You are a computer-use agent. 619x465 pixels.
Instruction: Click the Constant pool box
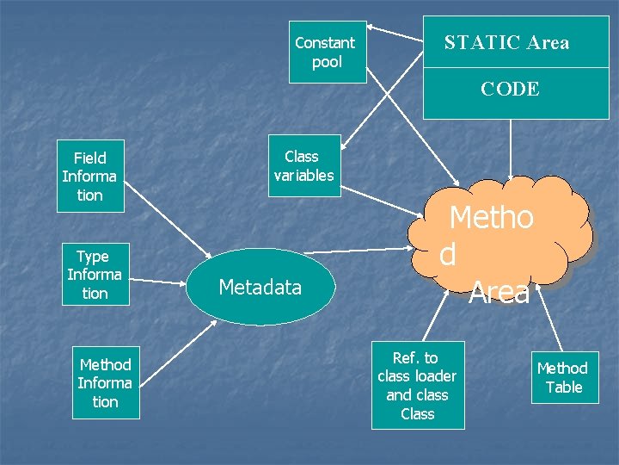[327, 52]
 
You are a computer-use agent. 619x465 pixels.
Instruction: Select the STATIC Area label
[506, 43]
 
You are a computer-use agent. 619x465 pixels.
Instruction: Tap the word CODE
[510, 89]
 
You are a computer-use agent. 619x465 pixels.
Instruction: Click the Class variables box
[303, 165]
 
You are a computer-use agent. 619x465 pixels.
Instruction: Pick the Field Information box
[89, 176]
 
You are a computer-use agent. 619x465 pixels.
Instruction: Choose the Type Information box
[94, 274]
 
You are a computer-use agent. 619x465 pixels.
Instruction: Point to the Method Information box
[105, 383]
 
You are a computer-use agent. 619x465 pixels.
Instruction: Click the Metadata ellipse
[260, 287]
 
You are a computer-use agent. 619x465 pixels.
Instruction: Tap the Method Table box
[563, 377]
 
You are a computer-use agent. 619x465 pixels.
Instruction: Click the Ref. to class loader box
[417, 385]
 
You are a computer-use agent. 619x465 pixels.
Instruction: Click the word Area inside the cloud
[499, 293]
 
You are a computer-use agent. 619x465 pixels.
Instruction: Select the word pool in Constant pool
[327, 62]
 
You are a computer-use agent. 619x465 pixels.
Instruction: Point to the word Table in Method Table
[564, 387]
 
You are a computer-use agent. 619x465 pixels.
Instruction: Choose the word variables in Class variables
[303, 175]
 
